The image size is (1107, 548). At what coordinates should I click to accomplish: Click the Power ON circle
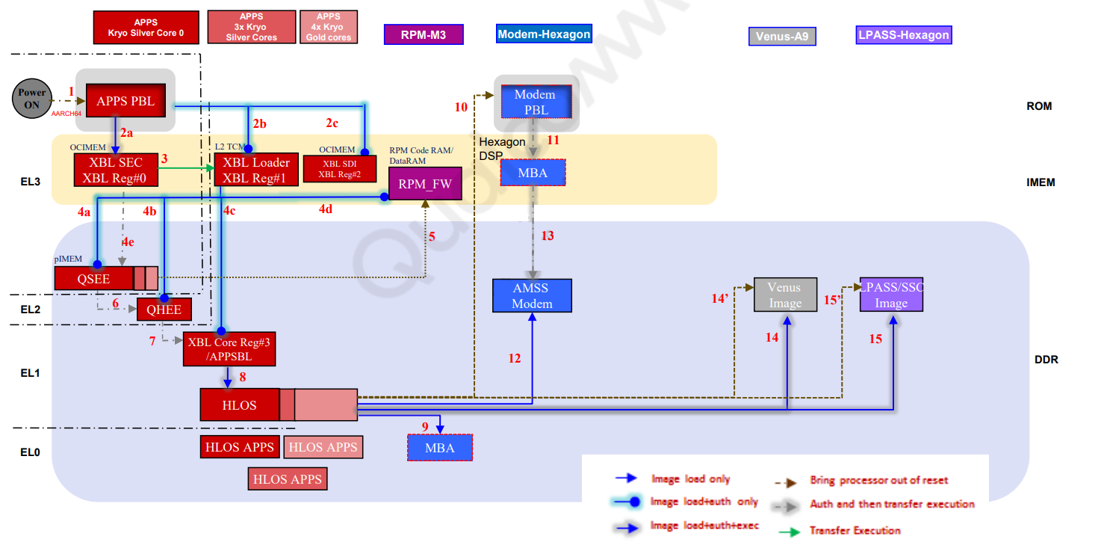[x=32, y=99]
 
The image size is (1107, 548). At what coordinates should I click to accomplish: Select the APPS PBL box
[x=125, y=101]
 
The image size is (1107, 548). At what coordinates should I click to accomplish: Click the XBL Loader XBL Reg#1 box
[x=251, y=170]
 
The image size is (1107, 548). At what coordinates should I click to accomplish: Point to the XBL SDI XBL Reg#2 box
[x=341, y=169]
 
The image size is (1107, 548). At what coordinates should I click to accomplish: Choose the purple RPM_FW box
[x=425, y=184]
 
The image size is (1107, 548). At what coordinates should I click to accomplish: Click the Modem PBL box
[x=535, y=102]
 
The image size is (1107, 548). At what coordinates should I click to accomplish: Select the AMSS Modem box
[x=532, y=296]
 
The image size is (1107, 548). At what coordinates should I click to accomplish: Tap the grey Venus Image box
[x=785, y=295]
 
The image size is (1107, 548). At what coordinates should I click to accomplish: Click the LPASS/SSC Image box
[x=891, y=295]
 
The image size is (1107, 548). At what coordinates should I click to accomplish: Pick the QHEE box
[x=164, y=310]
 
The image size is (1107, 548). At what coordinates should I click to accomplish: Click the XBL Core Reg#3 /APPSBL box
[x=229, y=349]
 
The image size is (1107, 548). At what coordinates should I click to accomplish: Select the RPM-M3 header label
[x=424, y=34]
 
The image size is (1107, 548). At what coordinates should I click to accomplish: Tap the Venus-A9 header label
[x=781, y=36]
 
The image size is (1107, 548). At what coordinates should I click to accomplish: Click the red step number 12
[x=515, y=359]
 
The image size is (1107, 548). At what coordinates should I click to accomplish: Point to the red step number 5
[x=432, y=236]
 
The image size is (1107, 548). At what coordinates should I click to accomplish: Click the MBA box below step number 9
[x=440, y=448]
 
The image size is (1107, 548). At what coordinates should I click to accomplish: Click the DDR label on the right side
[x=1046, y=360]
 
